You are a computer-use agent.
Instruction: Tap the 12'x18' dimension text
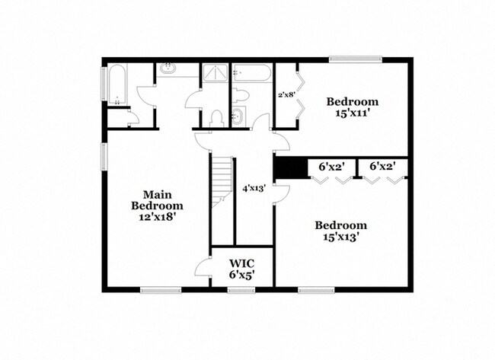[x=157, y=217]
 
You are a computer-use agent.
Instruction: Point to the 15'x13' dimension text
[x=341, y=237]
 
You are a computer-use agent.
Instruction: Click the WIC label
[x=242, y=263]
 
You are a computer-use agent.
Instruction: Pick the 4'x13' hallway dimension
[x=253, y=189]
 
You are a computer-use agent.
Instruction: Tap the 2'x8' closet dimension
[x=286, y=95]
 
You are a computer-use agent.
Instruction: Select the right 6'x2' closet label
[x=382, y=165]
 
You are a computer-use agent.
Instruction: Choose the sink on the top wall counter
[x=169, y=71]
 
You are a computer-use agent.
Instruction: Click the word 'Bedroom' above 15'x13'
[x=341, y=225]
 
